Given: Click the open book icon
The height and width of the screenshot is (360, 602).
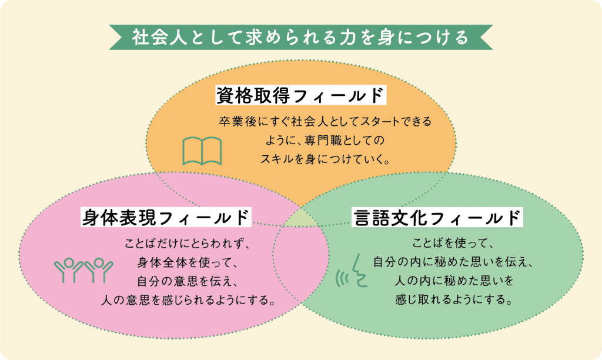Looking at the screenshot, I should (x=202, y=151).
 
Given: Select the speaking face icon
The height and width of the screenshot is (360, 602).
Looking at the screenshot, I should (x=352, y=271).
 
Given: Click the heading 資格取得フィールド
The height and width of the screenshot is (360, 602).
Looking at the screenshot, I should (x=301, y=95).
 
